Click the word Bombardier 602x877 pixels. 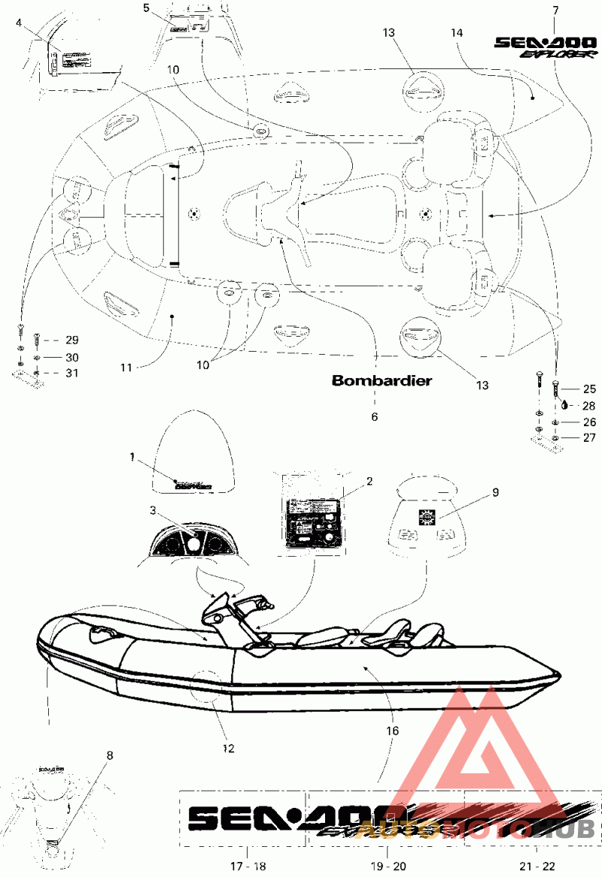(382, 380)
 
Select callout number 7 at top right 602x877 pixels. (555, 11)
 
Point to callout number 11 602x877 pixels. (126, 367)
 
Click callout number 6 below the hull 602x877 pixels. (375, 416)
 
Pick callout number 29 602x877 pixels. (71, 340)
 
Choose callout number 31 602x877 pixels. (71, 373)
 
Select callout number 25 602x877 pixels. (589, 389)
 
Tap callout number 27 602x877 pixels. (589, 437)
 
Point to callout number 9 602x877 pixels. (495, 492)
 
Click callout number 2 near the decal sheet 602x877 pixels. (369, 482)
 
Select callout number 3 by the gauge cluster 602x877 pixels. (153, 510)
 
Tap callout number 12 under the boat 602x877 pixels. (229, 748)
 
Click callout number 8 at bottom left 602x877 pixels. (111, 757)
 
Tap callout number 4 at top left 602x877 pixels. (19, 23)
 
